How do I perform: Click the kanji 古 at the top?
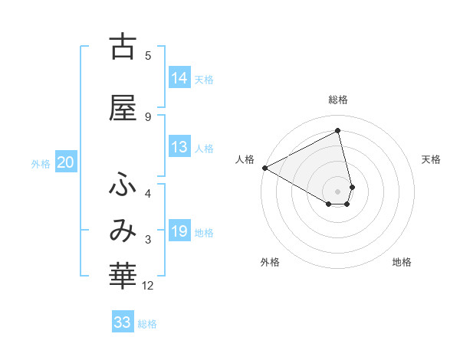123,47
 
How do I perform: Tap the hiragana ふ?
123,183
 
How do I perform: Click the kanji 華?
123,277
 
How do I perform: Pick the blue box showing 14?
179,78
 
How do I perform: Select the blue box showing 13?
179,147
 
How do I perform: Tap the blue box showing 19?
179,231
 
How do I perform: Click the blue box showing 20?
66,162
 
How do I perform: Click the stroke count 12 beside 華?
149,286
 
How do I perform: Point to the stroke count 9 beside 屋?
148,116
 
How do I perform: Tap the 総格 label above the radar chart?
338,100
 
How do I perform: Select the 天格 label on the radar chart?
432,159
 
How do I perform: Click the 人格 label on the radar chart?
245,159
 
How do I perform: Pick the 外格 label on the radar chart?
270,262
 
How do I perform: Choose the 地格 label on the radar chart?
402,262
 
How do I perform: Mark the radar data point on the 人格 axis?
264,168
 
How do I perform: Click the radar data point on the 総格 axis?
338,131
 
